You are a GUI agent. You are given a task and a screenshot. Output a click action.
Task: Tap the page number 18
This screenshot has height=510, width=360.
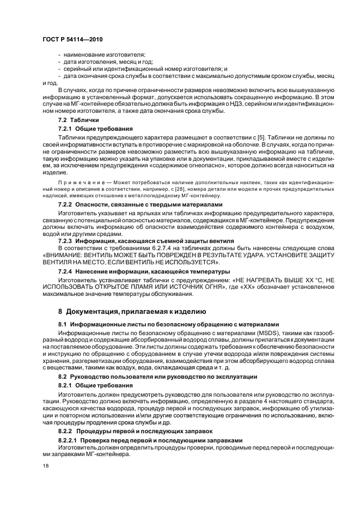coord(46,465)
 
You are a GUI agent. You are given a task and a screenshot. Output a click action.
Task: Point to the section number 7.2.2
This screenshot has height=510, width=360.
coord(67,204)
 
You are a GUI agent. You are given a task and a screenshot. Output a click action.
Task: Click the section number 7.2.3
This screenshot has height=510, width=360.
coord(67,240)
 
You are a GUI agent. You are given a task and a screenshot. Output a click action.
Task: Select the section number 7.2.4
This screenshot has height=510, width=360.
coord(67,271)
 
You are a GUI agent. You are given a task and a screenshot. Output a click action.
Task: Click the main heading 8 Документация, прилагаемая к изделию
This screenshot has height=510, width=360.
coord(132,311)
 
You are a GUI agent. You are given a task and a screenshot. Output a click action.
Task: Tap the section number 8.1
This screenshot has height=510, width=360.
coord(62,324)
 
